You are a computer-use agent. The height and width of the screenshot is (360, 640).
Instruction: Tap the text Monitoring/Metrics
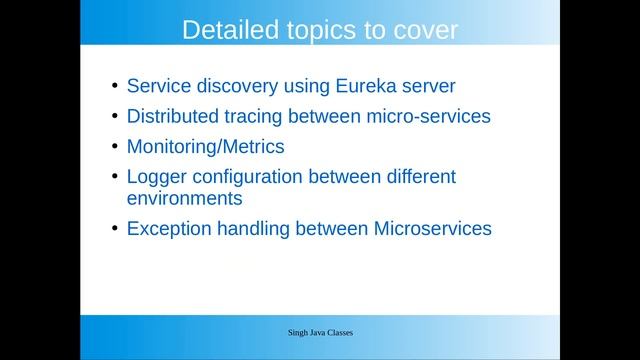pyautogui.click(x=205, y=147)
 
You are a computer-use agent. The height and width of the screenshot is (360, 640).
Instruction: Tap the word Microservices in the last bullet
pyautogui.click(x=432, y=229)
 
